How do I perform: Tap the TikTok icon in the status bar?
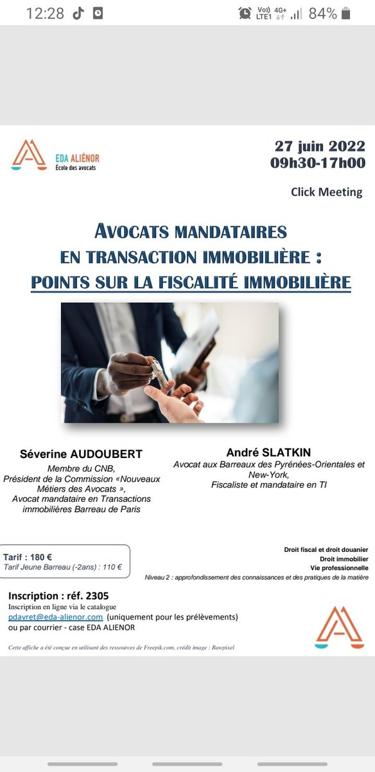78,14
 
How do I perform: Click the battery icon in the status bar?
347,14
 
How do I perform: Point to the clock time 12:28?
45,14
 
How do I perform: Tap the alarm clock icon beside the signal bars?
245,14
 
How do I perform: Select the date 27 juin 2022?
320,146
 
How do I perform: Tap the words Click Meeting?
326,192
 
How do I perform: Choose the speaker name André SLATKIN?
268,452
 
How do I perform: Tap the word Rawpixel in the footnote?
220,647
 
